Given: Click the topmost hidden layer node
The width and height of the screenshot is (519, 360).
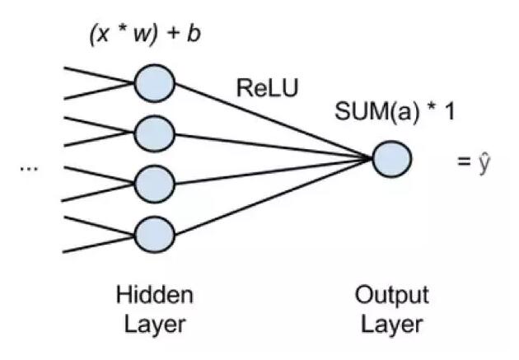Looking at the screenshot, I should point(154,82).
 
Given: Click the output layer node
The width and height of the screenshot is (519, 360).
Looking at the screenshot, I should point(391,157).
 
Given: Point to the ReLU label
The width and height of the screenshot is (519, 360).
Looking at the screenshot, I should point(266,88).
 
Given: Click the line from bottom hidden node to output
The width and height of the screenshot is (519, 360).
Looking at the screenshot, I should point(272,195).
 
